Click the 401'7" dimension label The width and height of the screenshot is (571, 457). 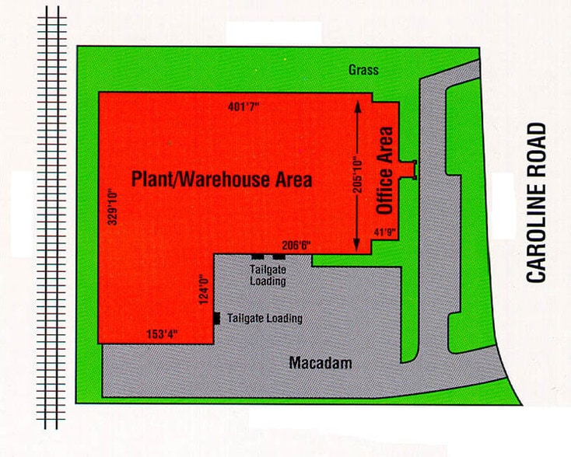pos(244,106)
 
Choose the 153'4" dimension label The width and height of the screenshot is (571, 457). pos(163,334)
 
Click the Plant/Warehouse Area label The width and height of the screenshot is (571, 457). pos(222,180)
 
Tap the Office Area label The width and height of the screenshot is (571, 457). pos(384,170)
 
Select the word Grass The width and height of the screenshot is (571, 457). pos(364,71)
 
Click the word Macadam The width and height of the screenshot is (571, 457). pos(321,363)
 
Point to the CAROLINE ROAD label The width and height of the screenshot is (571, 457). pos(537,203)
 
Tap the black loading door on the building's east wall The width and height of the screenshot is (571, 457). pos(217,317)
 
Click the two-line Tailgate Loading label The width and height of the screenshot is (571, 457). pos(268,276)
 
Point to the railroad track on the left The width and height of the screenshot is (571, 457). pos(52,218)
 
